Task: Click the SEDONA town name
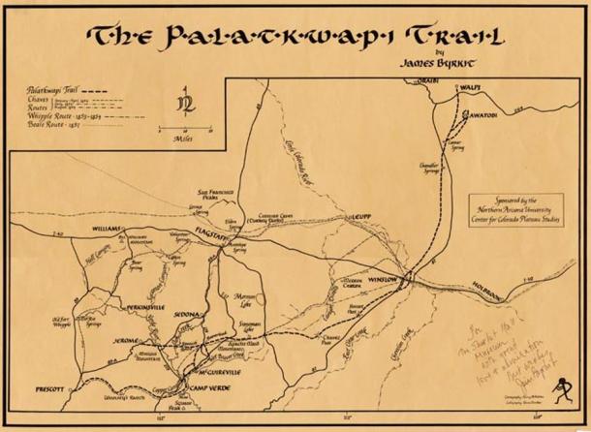point(190,316)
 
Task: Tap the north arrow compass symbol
point(181,102)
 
